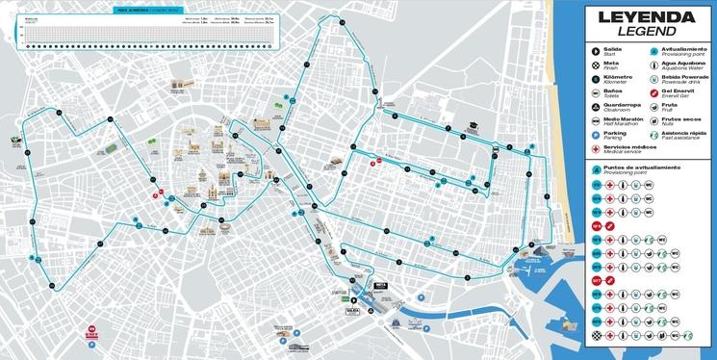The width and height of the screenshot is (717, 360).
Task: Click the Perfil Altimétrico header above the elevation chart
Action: click(x=132, y=12)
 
